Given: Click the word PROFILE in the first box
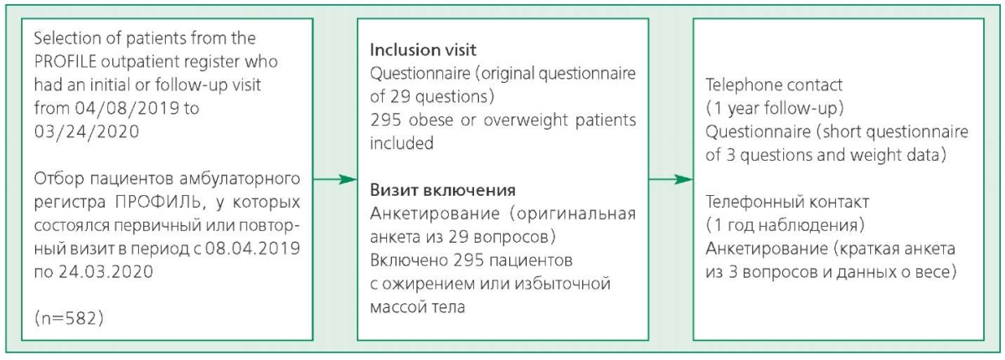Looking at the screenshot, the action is (x=65, y=61).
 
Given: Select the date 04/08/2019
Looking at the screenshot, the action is (x=127, y=108).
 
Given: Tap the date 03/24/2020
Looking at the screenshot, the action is (x=86, y=131).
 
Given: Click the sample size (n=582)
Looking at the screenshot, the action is (x=69, y=318).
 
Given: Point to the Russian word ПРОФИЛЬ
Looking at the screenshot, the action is (x=158, y=202).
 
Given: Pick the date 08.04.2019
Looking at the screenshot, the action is (x=253, y=249).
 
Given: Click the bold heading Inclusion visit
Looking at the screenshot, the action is (x=423, y=49).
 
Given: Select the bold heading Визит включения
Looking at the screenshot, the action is (x=443, y=190).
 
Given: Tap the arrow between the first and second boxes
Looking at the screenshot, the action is (x=335, y=180).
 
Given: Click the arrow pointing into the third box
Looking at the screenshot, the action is (x=671, y=180).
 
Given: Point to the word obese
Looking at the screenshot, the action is (x=431, y=121).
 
